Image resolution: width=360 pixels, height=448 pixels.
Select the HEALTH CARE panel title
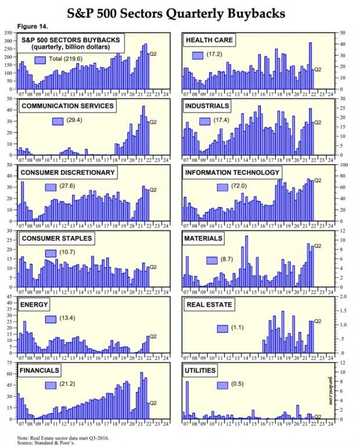pyautogui.click(x=210, y=40)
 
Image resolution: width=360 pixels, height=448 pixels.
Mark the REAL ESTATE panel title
pyautogui.click(x=208, y=304)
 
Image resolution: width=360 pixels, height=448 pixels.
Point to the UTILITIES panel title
pyautogui.click(x=201, y=370)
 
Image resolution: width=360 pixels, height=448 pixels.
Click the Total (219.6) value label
pyautogui.click(x=66, y=59)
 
